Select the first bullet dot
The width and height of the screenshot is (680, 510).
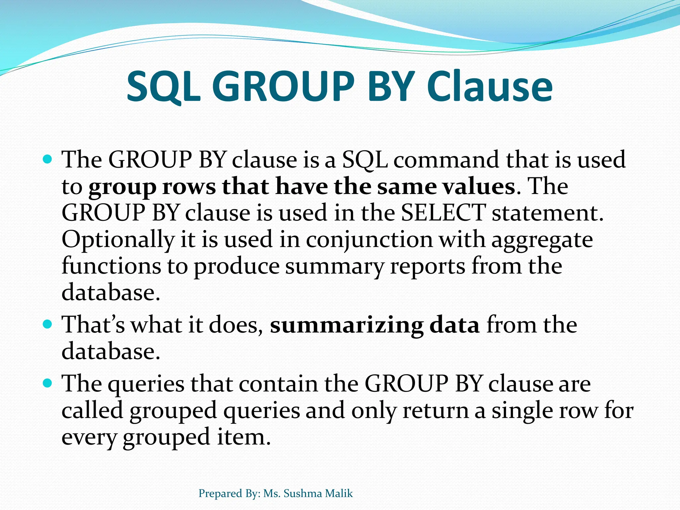click(x=48, y=160)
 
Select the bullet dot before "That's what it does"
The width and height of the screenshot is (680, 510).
click(x=48, y=324)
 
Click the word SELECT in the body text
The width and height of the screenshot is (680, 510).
click(x=443, y=212)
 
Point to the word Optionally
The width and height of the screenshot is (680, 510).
click(x=118, y=240)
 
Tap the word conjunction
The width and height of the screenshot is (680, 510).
click(x=369, y=240)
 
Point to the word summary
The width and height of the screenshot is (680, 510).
click(x=334, y=266)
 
